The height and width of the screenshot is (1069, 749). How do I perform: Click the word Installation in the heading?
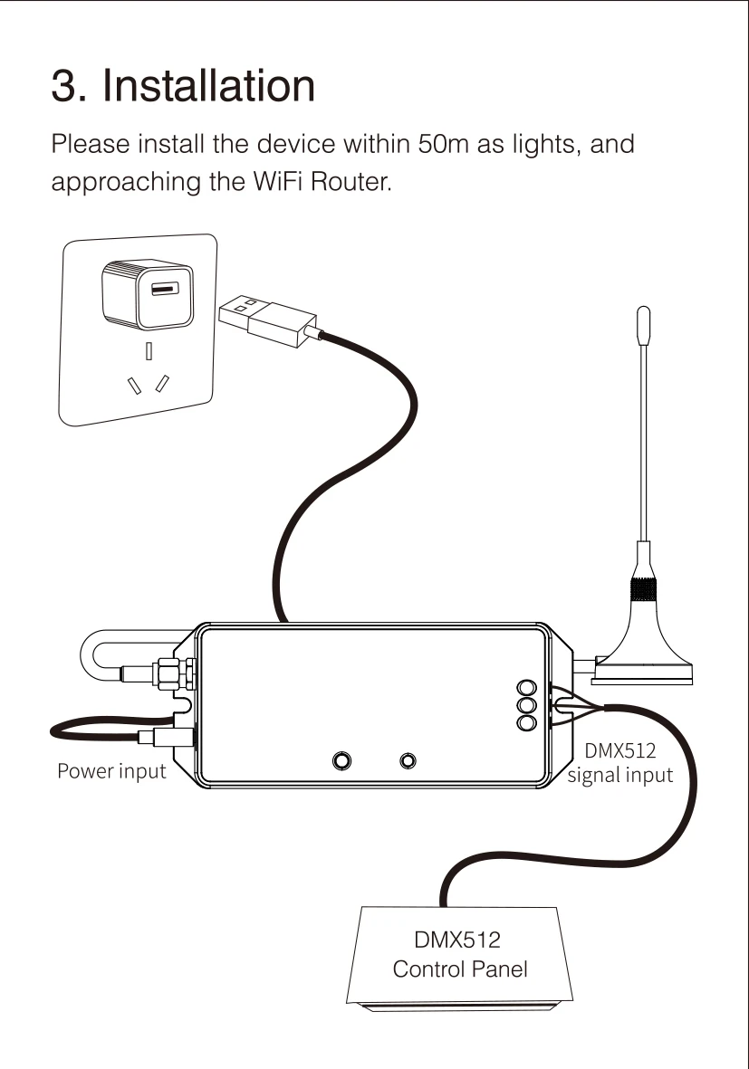pos(209,86)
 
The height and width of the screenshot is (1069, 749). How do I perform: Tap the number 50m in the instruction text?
pos(443,145)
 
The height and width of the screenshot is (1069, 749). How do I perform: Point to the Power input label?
pos(111,772)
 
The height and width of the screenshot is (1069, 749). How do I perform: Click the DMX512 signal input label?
pos(620,763)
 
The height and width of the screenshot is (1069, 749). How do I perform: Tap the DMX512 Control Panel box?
pos(460,956)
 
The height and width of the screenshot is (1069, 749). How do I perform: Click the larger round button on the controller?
pos(342,759)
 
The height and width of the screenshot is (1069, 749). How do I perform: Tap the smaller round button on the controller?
pos(409,759)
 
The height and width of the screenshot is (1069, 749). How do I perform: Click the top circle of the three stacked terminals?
pos(525,688)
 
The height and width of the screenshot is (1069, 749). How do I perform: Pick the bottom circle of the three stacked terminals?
pos(525,721)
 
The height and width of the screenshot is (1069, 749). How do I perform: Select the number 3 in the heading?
pos(62,86)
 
